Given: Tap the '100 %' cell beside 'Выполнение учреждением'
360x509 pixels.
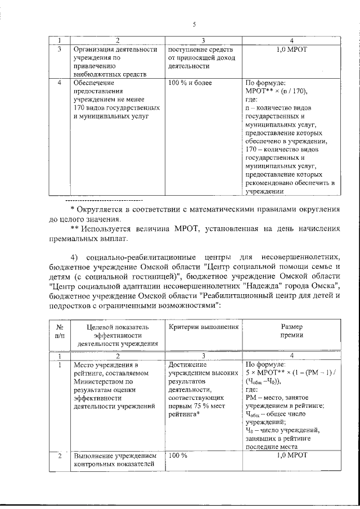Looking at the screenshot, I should click(178, 456).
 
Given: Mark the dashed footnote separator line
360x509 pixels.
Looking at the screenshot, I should click(103, 200).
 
